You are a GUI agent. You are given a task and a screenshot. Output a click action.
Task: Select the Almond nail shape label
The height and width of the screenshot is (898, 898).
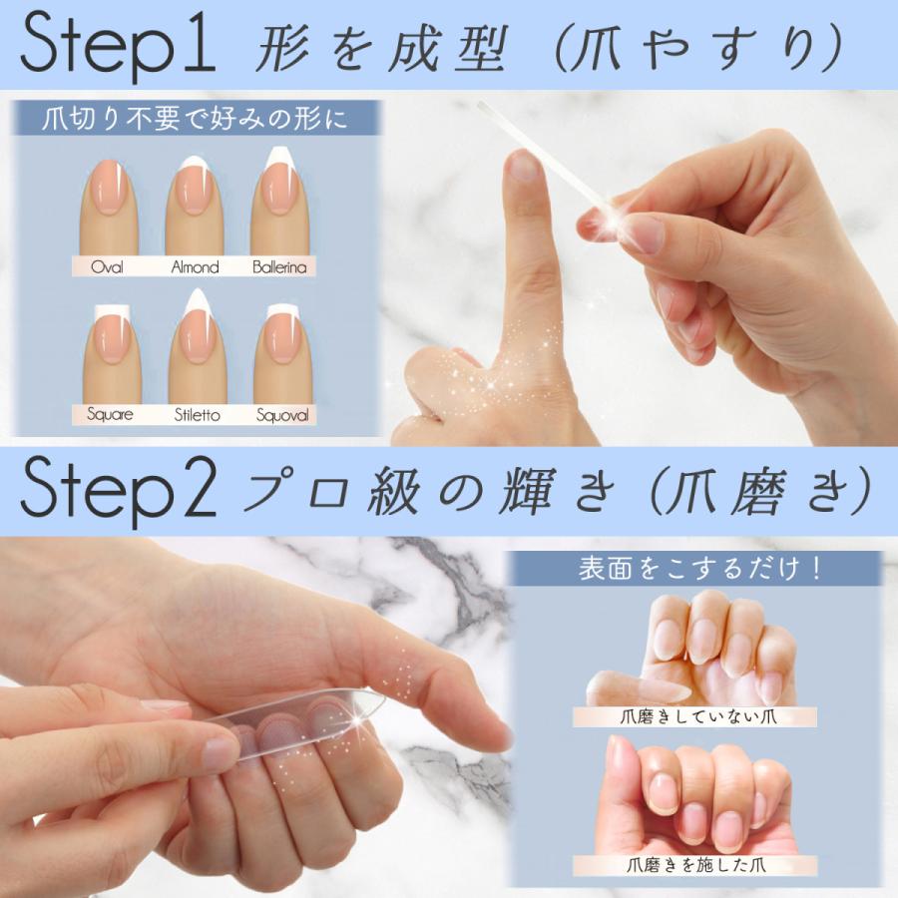(195, 266)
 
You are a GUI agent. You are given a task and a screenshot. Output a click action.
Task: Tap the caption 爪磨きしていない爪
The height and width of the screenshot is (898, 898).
(695, 716)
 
